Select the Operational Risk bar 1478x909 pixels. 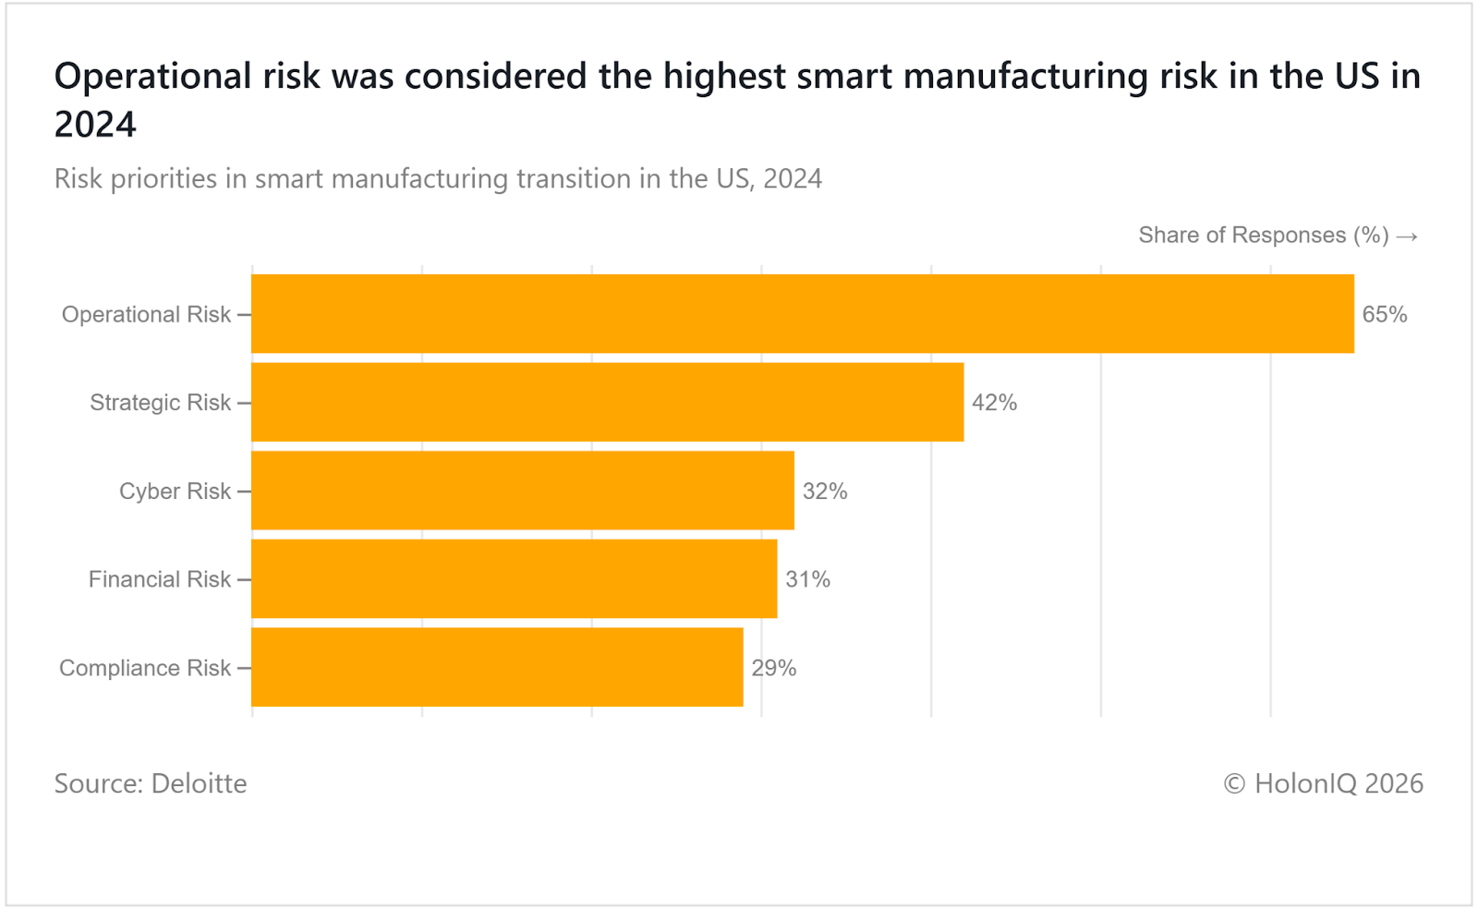[x=802, y=314]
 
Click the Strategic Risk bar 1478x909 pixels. [x=607, y=402]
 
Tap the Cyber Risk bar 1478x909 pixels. [x=522, y=491]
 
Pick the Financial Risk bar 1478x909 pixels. [x=514, y=579]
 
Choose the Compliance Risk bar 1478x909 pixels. [x=497, y=667]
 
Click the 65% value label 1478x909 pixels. [x=1384, y=314]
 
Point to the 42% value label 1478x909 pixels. [x=994, y=403]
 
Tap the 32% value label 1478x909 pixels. [x=824, y=491]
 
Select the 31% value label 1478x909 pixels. [x=807, y=579]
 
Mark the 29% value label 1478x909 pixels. [x=773, y=668]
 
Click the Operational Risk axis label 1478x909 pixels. [x=146, y=314]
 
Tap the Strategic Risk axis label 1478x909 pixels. [x=160, y=403]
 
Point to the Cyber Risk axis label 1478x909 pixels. [x=175, y=491]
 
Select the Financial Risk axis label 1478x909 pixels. [x=159, y=579]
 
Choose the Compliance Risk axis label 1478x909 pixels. [x=145, y=668]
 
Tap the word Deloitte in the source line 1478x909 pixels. [x=199, y=783]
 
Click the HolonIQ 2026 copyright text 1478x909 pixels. [x=1323, y=783]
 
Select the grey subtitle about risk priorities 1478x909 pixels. [x=438, y=178]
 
